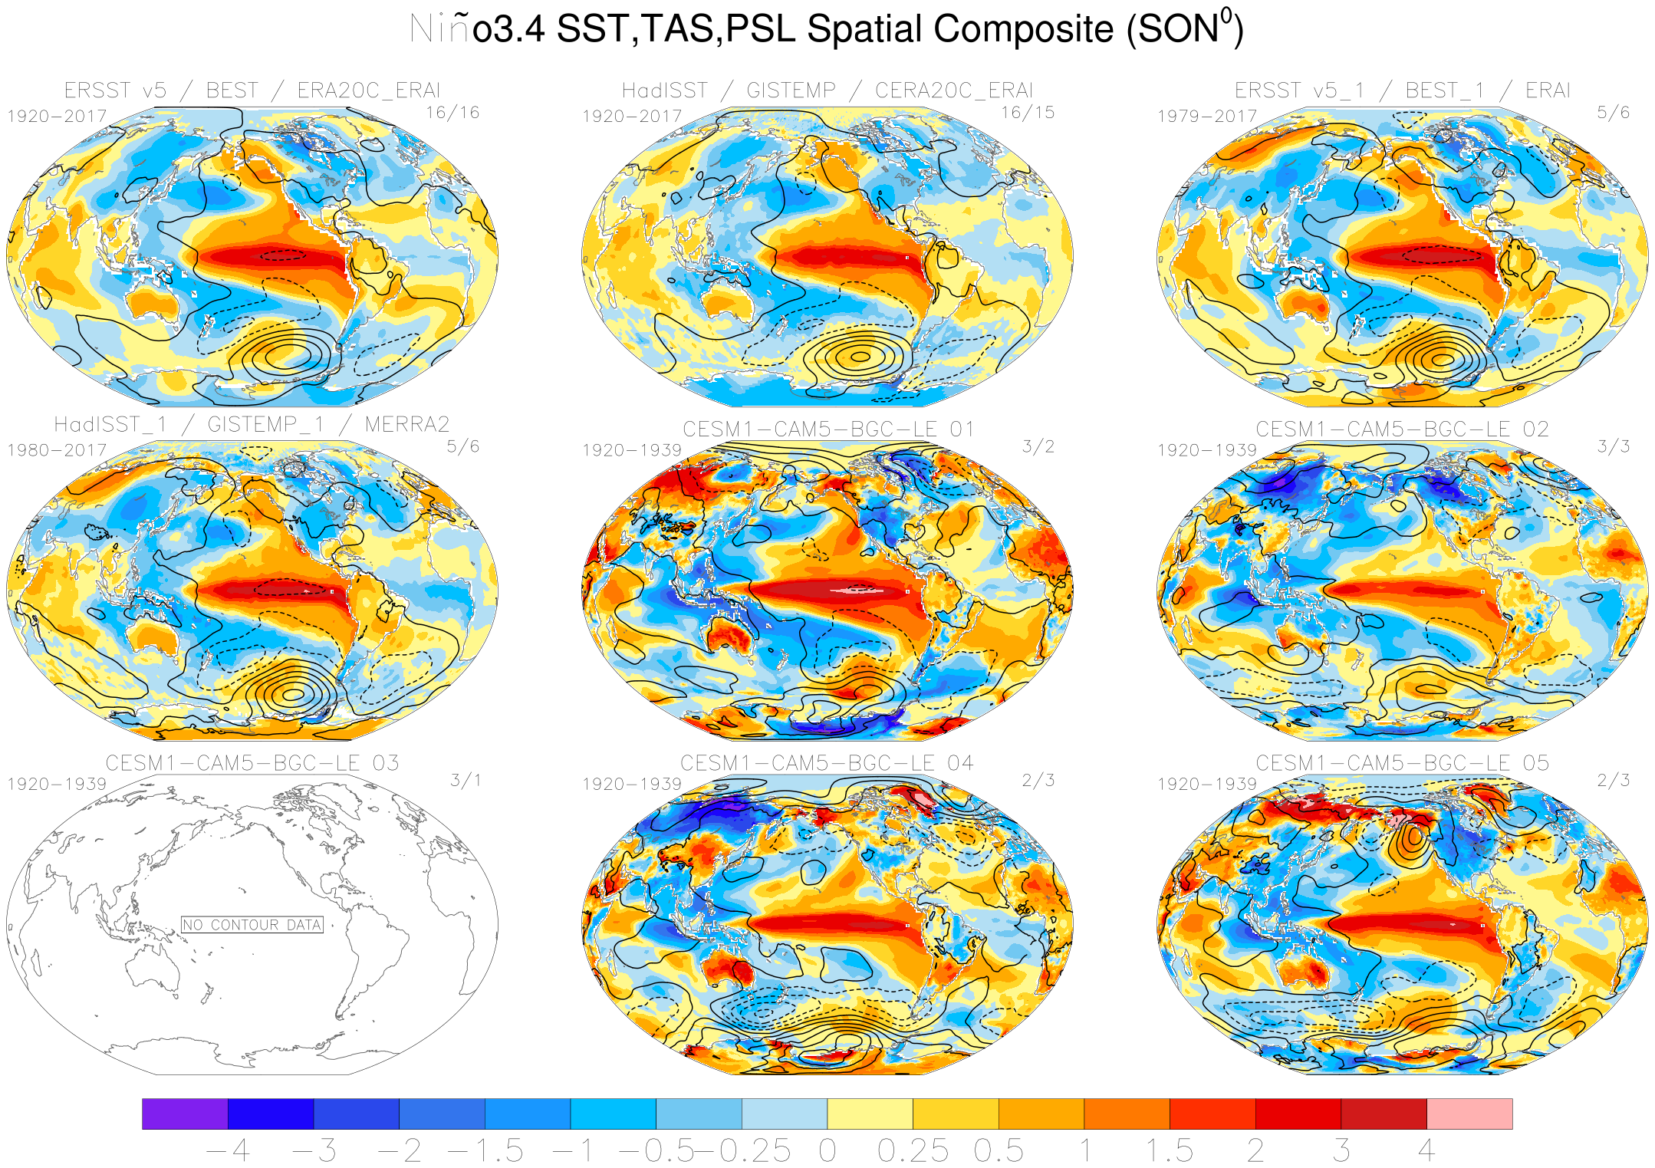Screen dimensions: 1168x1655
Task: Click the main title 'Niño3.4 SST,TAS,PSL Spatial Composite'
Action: point(826,29)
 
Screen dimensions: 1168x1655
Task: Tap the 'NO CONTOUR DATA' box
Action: point(252,925)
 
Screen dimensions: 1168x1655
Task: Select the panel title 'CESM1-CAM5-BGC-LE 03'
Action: point(252,763)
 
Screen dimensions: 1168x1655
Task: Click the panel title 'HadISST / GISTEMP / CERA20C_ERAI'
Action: point(827,90)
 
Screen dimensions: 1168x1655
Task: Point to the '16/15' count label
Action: point(1027,113)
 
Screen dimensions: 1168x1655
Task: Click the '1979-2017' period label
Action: point(1206,116)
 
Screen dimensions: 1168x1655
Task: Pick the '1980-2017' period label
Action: point(57,450)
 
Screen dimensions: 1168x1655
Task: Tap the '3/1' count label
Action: point(466,781)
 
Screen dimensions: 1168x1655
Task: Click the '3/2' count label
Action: point(1038,447)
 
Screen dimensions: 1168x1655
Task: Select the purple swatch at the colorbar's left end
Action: point(185,1114)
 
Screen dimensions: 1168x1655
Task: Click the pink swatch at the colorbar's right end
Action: point(1469,1114)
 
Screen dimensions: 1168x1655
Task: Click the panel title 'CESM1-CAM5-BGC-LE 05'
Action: point(1403,763)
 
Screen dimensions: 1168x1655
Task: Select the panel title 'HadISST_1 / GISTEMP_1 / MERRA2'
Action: point(252,425)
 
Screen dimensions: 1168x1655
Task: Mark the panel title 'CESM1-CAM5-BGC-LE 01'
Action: point(828,429)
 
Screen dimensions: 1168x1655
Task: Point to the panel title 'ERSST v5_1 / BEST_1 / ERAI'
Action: point(1403,90)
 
